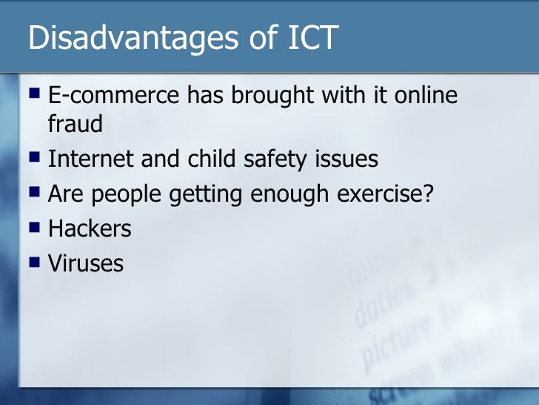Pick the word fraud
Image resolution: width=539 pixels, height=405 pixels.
tap(75, 124)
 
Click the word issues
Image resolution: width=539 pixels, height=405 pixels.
tap(349, 159)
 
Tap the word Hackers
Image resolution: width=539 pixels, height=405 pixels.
tap(90, 228)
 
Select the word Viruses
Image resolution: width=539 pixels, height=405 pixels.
tap(86, 263)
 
